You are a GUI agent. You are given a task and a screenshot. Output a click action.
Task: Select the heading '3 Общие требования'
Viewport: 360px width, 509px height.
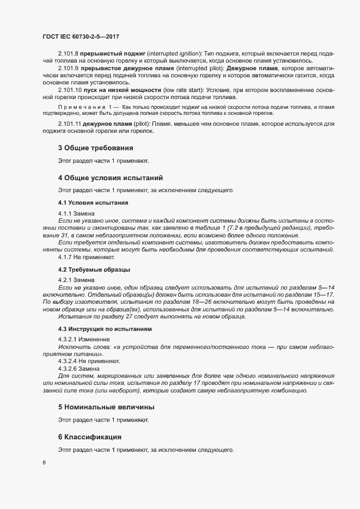point(95,148)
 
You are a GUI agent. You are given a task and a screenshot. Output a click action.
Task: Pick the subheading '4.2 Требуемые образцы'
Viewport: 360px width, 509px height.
point(94,269)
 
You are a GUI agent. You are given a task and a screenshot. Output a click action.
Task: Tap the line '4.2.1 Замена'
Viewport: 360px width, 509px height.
point(76,280)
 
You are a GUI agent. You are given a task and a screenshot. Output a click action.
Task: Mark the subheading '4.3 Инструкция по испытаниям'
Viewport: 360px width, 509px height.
point(105,329)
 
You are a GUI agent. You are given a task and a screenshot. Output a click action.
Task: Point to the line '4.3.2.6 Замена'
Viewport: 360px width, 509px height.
point(80,369)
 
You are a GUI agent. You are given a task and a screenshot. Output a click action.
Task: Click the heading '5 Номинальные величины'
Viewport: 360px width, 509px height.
point(106,407)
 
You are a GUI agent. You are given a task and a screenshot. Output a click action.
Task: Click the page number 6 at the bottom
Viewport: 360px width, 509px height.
point(44,463)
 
